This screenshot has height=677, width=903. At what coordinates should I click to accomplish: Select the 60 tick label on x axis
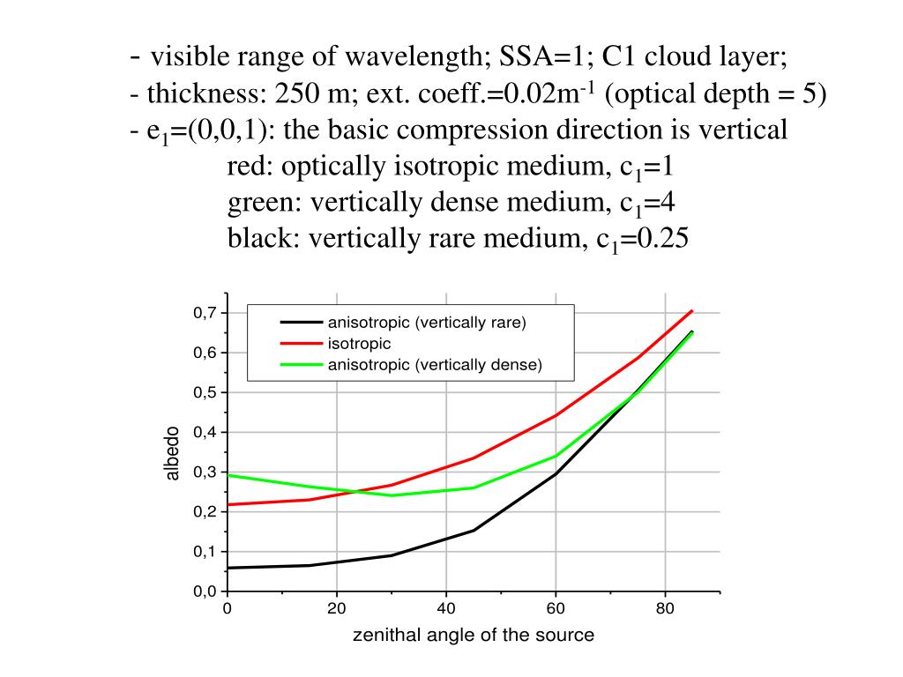pos(555,608)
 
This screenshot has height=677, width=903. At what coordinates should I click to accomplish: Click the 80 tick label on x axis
pos(664,608)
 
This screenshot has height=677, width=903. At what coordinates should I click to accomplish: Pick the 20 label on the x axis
pos(336,608)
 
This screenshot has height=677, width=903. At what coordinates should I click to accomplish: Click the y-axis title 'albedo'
pos(173,453)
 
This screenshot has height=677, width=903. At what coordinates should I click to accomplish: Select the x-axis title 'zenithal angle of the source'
pos(474,635)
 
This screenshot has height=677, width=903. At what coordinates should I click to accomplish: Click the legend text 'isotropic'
pos(359,343)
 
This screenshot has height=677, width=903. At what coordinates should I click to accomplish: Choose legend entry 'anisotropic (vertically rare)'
pos(427,322)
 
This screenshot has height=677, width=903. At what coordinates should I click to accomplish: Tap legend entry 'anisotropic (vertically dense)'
pos(434,364)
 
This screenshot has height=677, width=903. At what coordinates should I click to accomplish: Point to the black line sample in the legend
pos(299,322)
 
